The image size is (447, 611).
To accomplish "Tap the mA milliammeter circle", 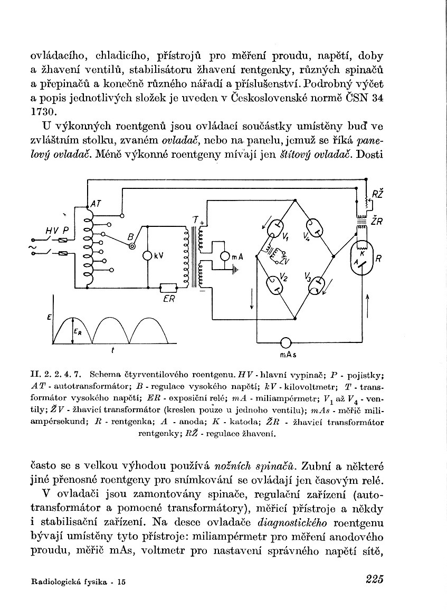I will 225,256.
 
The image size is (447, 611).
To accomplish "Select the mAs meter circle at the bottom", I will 286,342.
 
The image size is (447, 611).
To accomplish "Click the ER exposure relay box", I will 169,288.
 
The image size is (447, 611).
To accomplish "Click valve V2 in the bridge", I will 274,285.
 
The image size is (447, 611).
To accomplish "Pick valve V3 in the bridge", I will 316,285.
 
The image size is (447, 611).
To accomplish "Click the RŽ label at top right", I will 377,195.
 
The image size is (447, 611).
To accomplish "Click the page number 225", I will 374,579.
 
